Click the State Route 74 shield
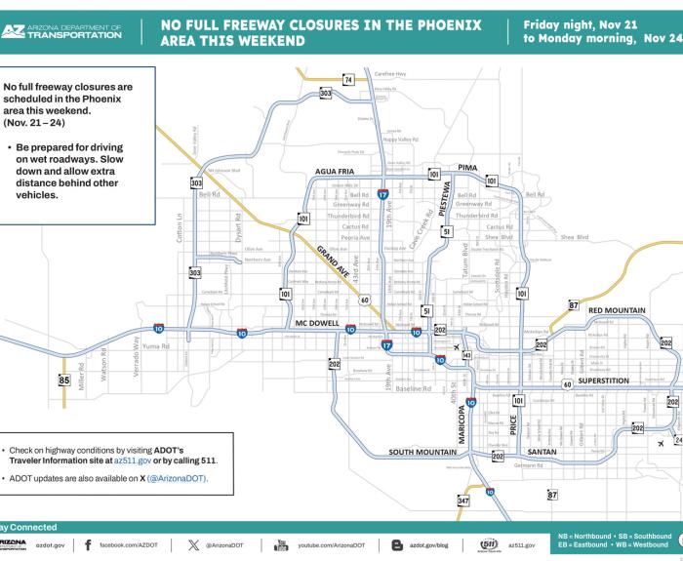coord(348,79)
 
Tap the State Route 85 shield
coord(64,381)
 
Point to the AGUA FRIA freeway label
coord(334,172)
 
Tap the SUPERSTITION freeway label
coord(608,381)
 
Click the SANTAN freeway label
coord(542,453)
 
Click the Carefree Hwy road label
coord(390,74)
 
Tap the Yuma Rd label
coord(157,346)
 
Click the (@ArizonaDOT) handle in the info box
coord(177,478)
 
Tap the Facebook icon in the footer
coord(88,544)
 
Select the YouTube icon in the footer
coord(281,544)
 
